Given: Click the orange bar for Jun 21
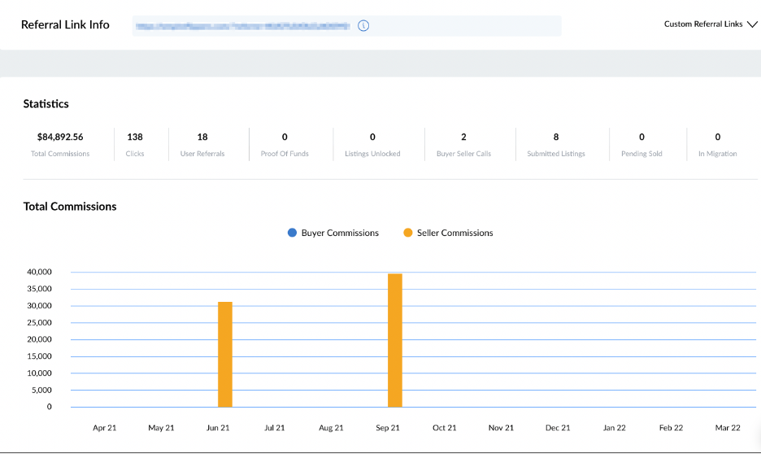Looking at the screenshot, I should (x=225, y=354).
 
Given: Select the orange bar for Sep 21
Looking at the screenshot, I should (x=395, y=340).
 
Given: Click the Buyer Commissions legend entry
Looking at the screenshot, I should (x=333, y=233).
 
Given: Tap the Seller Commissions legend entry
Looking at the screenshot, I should (x=448, y=233).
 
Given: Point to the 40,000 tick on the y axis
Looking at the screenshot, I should (x=39, y=272).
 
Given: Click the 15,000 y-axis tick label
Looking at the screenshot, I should (x=39, y=356).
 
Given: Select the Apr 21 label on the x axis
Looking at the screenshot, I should (x=105, y=427).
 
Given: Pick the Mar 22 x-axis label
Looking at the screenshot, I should (x=728, y=427).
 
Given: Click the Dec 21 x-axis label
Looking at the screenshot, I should (x=558, y=427).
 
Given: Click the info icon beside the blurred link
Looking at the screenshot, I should (x=363, y=25).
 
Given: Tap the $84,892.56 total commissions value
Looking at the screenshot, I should (x=60, y=137).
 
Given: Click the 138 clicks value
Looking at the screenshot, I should (x=135, y=137).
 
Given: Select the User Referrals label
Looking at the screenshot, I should (x=202, y=154).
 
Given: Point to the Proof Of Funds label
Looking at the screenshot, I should (x=285, y=154).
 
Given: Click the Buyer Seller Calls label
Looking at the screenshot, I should (x=463, y=154).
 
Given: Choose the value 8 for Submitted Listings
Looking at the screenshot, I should (x=556, y=137).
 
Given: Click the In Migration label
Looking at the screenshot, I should (x=717, y=154).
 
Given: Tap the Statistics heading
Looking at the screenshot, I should (x=46, y=104).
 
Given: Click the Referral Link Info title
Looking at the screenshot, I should (x=65, y=24).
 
